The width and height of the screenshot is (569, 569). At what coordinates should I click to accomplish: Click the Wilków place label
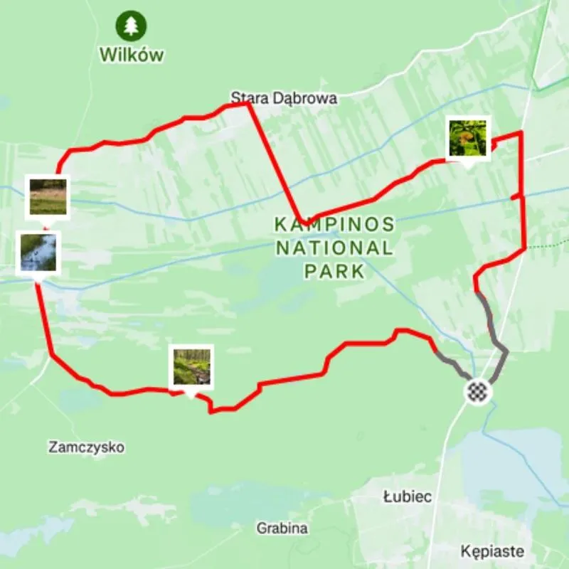(132, 54)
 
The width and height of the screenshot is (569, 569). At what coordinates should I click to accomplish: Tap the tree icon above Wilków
(132, 26)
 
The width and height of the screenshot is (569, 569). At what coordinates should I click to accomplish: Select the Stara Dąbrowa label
(283, 98)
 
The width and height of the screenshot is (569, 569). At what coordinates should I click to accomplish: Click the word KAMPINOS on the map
(334, 225)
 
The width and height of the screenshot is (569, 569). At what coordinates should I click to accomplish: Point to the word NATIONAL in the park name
(334, 248)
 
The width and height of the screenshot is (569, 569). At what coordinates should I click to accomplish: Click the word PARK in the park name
(334, 271)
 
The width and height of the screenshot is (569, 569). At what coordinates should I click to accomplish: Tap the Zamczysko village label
(87, 447)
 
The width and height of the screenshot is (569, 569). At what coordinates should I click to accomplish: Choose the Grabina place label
(282, 528)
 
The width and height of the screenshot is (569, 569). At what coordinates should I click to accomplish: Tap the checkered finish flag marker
(478, 391)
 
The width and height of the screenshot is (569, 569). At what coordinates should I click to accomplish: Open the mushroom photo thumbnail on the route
(468, 138)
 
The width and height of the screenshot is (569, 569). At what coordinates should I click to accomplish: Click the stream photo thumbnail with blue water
(38, 252)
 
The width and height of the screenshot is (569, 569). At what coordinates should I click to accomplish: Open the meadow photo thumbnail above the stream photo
(48, 196)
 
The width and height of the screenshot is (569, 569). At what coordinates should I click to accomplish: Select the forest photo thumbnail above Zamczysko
(192, 366)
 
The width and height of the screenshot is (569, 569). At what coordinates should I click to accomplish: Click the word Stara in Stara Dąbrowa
(245, 98)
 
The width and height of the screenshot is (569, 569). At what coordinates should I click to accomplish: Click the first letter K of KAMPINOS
(280, 225)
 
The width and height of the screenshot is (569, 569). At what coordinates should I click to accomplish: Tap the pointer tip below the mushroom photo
(468, 165)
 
